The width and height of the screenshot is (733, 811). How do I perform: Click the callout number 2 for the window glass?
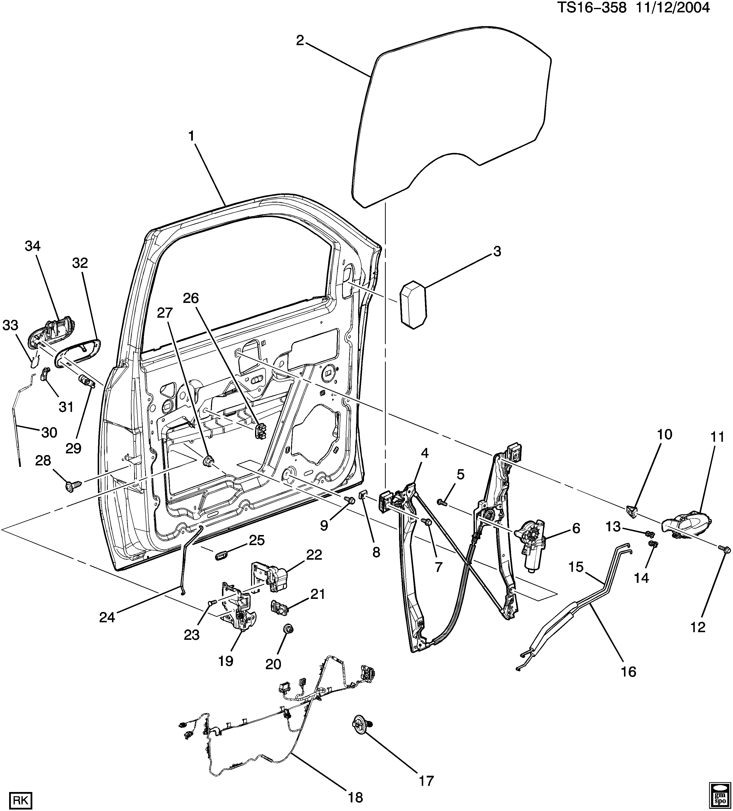click(x=300, y=41)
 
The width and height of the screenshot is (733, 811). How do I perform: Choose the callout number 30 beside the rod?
click(x=49, y=432)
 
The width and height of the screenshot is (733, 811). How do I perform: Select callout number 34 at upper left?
click(x=33, y=246)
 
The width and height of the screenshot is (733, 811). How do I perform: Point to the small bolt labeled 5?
click(x=442, y=502)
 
